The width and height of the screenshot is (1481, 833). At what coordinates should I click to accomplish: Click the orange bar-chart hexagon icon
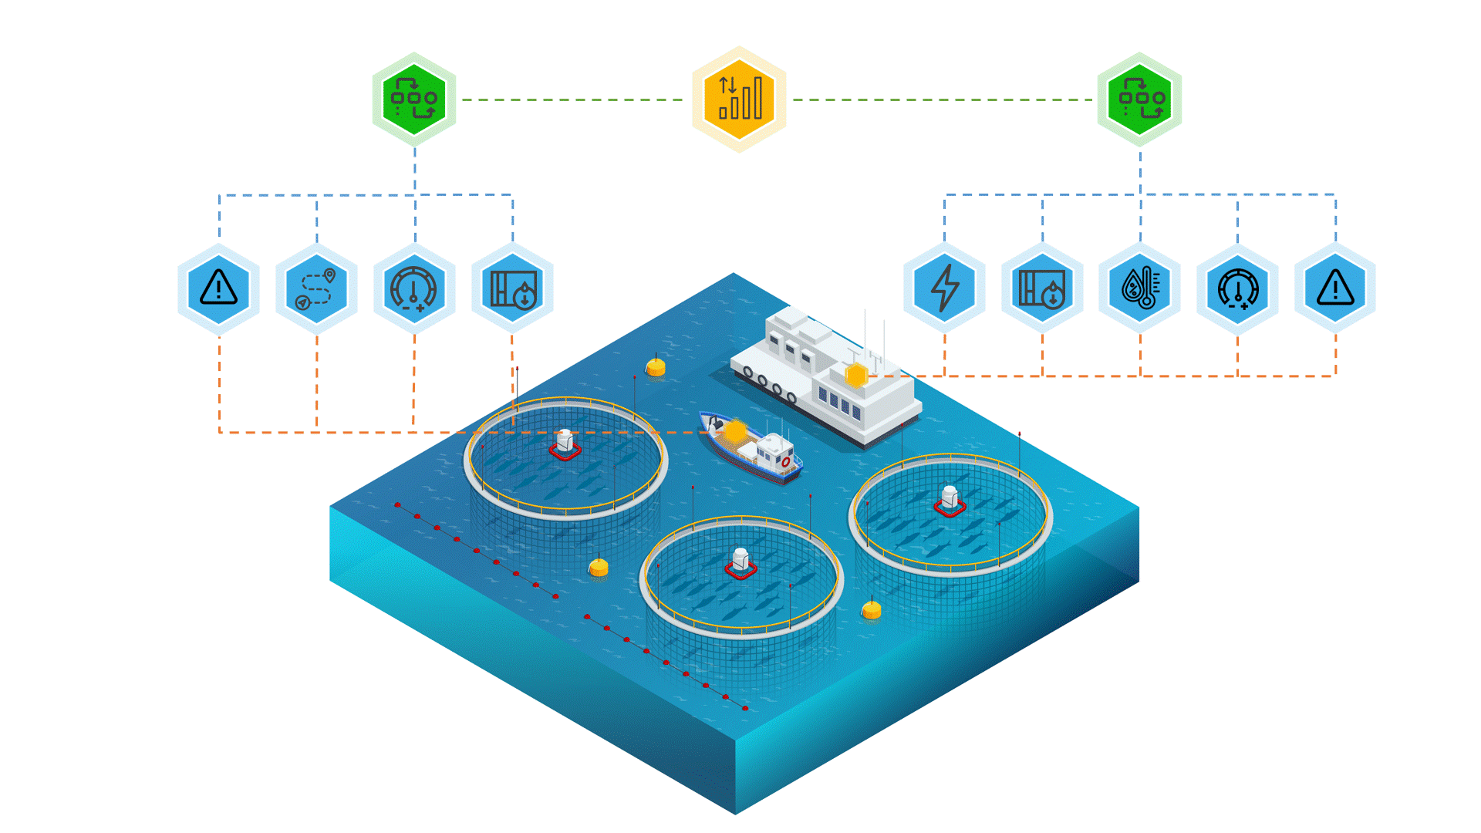[x=739, y=99]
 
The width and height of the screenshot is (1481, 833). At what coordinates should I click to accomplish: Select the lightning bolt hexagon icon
[x=944, y=288]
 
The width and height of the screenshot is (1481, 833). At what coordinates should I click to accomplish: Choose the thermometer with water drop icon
[x=1140, y=288]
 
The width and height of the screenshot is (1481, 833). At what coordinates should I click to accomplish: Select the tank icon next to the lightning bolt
[x=1042, y=288]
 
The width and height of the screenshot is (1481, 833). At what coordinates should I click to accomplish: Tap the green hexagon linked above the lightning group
[x=1139, y=99]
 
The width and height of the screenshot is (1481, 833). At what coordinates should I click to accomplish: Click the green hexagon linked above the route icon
[x=414, y=99]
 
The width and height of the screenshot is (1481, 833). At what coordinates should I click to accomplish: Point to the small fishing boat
[x=752, y=451]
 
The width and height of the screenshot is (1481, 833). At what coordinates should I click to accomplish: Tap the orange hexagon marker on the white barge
[x=856, y=376]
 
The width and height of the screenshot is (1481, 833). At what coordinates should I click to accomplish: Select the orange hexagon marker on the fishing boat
[x=735, y=430]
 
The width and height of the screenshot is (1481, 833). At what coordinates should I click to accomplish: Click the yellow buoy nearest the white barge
[x=656, y=367]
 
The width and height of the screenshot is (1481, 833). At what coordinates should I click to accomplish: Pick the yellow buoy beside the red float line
[x=599, y=568]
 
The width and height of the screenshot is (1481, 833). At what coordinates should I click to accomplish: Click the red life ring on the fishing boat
[x=786, y=462]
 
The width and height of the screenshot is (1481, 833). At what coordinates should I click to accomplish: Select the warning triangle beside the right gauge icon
[x=1335, y=288]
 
